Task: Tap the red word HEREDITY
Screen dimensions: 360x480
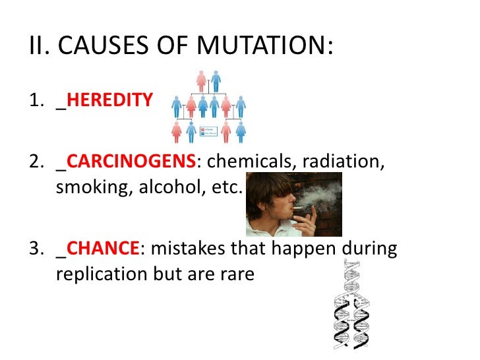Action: point(109,101)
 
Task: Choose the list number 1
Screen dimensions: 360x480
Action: point(36,101)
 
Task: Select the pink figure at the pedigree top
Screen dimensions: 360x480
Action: point(202,80)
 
